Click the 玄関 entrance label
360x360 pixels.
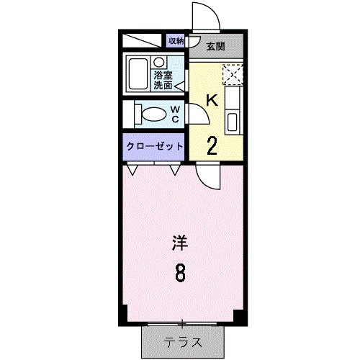(215, 48)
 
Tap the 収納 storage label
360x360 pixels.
(176, 41)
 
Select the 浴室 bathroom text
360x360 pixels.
(163, 74)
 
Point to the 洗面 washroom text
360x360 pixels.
(163, 85)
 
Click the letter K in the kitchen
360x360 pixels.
(212, 101)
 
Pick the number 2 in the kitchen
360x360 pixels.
(213, 145)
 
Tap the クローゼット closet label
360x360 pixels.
(155, 146)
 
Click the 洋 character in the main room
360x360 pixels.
(180, 243)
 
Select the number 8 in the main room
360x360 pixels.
(180, 273)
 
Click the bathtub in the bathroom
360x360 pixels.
(137, 72)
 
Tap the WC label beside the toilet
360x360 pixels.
(175, 114)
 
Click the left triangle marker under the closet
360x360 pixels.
(132, 172)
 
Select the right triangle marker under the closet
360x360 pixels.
(175, 172)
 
